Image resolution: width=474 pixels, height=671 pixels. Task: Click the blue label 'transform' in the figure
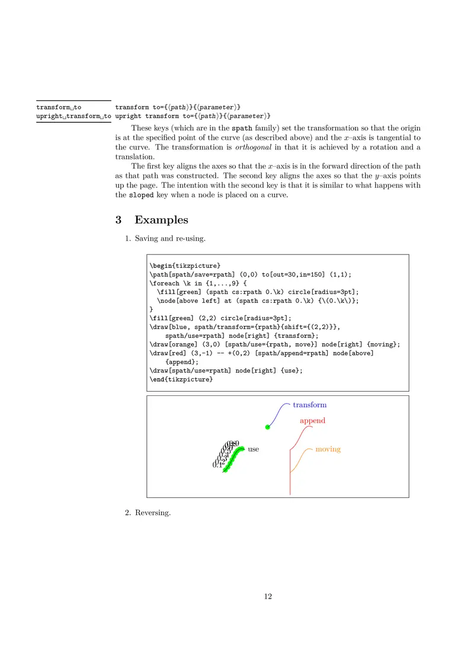[x=309, y=405]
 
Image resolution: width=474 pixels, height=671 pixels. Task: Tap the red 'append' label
[x=312, y=420]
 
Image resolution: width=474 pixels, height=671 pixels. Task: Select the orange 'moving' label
[x=328, y=449]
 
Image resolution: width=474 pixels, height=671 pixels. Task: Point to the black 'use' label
[x=253, y=449]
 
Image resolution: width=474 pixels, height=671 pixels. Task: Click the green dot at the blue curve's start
[x=268, y=427]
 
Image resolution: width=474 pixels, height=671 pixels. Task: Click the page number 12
[x=268, y=596]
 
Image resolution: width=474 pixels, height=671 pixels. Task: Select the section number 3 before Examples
[x=118, y=220]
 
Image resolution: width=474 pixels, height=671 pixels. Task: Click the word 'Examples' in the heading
[x=161, y=220]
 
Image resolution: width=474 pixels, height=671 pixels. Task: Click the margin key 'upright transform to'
[x=73, y=115]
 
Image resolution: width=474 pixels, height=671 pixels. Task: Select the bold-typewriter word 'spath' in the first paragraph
[x=242, y=128]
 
